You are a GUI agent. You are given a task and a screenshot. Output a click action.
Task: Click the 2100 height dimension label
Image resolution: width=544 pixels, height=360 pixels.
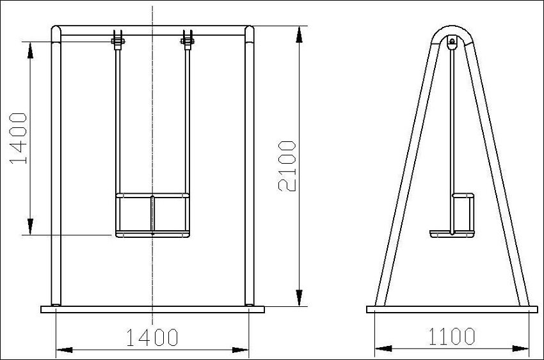coord(287,166)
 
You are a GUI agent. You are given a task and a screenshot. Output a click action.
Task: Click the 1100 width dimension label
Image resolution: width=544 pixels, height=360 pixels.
coord(452,336)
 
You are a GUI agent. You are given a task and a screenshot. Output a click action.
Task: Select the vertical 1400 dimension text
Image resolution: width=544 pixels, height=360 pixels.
coord(18,138)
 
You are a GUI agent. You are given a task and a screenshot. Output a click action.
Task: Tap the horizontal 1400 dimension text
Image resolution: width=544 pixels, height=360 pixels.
coord(152,338)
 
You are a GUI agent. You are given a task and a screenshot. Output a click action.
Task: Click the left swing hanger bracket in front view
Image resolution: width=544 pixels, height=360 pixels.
coord(118,40)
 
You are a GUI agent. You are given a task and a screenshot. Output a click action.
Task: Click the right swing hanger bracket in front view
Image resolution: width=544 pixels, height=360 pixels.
coord(188,40)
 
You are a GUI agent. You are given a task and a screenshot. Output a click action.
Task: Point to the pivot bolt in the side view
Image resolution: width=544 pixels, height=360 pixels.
coord(452,42)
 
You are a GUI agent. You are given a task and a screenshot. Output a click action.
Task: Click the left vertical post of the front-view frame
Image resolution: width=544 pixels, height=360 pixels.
coord(56,166)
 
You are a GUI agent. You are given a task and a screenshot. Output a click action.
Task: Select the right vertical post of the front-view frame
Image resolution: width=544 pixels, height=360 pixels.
coord(249,166)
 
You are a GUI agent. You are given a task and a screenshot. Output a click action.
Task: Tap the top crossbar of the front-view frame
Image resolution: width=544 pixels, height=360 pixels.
coord(153,30)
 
